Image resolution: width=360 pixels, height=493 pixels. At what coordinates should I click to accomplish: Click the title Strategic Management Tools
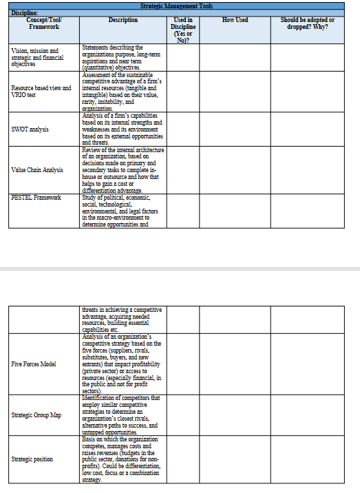pyautogui.click(x=180, y=6)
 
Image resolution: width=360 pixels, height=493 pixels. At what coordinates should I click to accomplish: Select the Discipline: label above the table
pyautogui.click(x=23, y=12)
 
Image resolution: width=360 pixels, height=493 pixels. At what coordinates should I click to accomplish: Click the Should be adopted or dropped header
pyautogui.click(x=307, y=23)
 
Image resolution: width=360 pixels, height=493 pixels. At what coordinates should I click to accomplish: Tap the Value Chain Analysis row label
pyautogui.click(x=37, y=169)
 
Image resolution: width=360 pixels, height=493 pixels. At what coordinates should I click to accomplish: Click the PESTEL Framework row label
pyautogui.click(x=36, y=198)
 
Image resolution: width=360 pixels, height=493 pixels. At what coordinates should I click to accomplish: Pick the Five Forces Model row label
pyautogui.click(x=34, y=364)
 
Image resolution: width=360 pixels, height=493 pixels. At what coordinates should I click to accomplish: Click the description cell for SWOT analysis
pyautogui.click(x=122, y=129)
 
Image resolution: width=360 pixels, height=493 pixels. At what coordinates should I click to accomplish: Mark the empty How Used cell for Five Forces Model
pyautogui.click(x=235, y=364)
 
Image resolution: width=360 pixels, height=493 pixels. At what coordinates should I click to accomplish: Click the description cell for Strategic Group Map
pyautogui.click(x=122, y=415)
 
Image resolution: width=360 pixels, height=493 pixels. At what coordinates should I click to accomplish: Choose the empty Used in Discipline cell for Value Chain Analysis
pyautogui.click(x=182, y=169)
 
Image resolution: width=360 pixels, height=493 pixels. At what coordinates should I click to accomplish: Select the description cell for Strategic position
pyautogui.click(x=122, y=459)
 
